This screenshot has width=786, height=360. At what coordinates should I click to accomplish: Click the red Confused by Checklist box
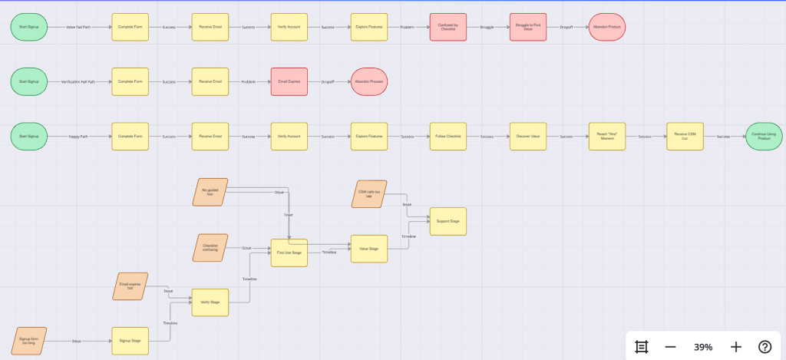448,27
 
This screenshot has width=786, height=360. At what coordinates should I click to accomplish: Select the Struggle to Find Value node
528,27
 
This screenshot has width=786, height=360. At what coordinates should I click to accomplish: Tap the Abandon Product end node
607,27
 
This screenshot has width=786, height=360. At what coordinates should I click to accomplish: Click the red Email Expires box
289,81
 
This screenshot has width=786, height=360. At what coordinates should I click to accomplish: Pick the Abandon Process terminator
369,81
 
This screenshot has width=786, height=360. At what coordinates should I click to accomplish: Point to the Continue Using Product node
764,137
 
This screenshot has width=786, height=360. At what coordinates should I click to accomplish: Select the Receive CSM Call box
685,137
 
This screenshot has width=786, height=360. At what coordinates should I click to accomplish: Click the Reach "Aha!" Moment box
607,137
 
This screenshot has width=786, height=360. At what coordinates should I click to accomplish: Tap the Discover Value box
528,137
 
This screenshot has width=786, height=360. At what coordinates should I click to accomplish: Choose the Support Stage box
448,221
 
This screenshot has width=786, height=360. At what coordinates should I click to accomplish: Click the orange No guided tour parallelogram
210,193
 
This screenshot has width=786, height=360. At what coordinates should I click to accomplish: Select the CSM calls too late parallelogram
369,194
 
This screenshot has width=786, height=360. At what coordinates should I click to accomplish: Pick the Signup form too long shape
29,341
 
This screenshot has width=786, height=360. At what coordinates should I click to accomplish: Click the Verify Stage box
210,302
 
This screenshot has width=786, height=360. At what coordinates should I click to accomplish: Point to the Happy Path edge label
79,137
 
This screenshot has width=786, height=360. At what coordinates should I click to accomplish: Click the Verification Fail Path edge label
79,81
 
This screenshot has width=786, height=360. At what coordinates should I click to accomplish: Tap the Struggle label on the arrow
487,27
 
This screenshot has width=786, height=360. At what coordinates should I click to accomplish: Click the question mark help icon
765,346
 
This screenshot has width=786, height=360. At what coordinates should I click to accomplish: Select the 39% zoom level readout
703,346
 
